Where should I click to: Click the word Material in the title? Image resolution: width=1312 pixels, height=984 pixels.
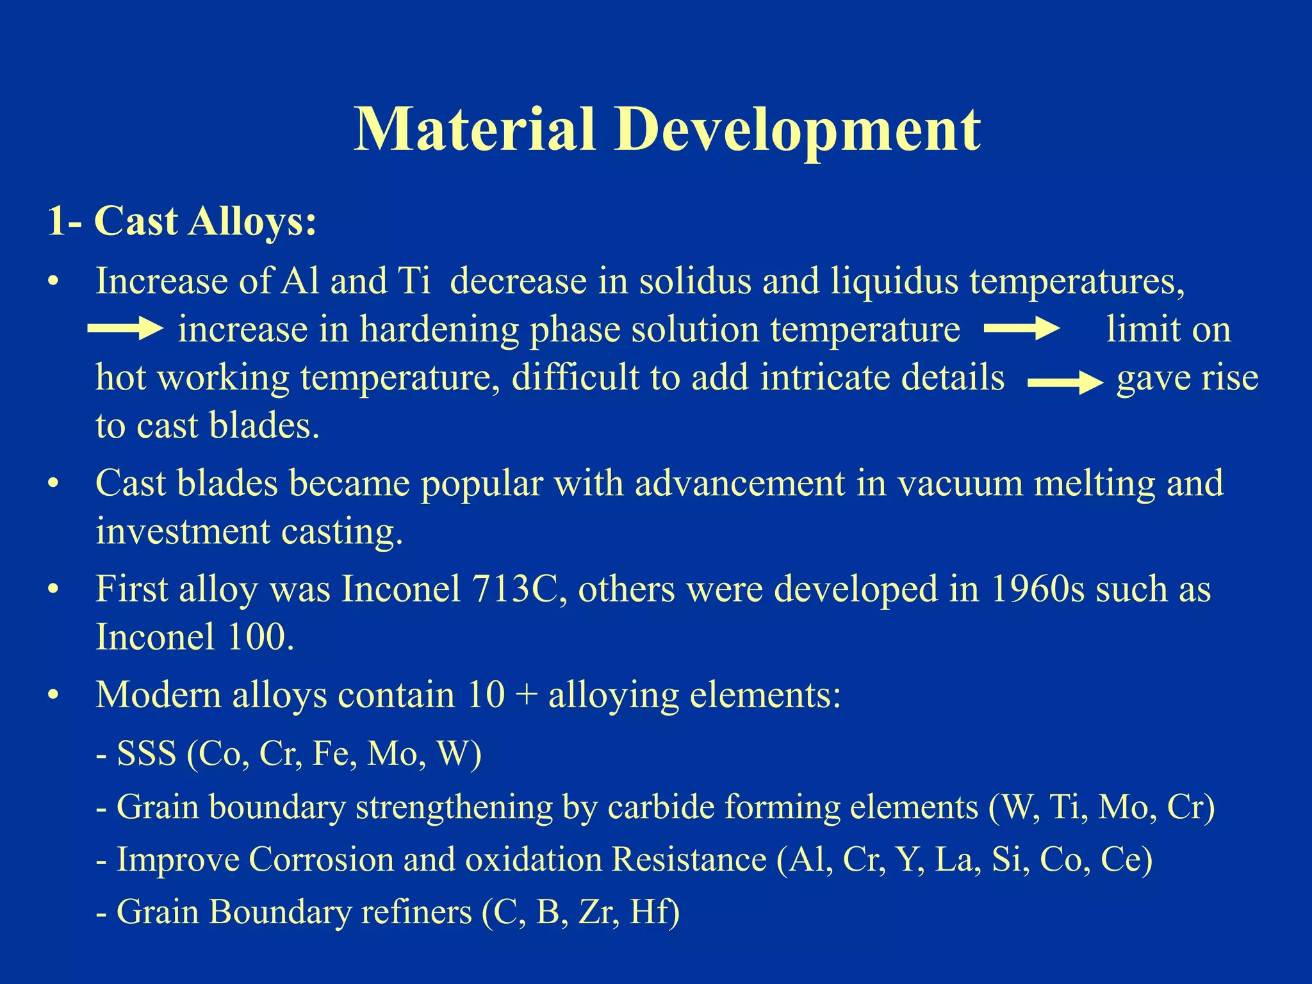point(474,130)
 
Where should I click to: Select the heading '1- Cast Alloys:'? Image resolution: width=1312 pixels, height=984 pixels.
point(182,222)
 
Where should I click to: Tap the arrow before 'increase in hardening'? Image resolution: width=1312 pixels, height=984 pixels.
point(126,329)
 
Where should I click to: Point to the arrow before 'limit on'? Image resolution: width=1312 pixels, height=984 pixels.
point(1021,329)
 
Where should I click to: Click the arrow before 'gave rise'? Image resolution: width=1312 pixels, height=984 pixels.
point(1065,383)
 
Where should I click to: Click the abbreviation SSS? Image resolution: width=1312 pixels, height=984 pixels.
point(147,753)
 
